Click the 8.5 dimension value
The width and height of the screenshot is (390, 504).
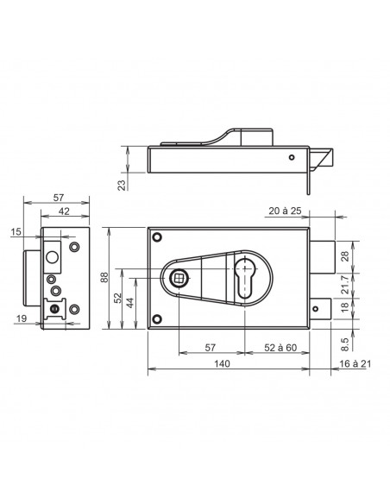[x=344, y=343]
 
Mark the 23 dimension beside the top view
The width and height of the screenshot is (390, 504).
[x=121, y=184]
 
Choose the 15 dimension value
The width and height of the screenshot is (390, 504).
[x=17, y=231]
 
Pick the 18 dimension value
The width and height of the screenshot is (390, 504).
[x=344, y=306]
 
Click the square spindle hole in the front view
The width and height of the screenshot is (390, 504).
[x=179, y=277]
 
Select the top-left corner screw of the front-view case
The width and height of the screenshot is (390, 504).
[x=156, y=237]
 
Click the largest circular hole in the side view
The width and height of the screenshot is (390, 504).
[x=52, y=256]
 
